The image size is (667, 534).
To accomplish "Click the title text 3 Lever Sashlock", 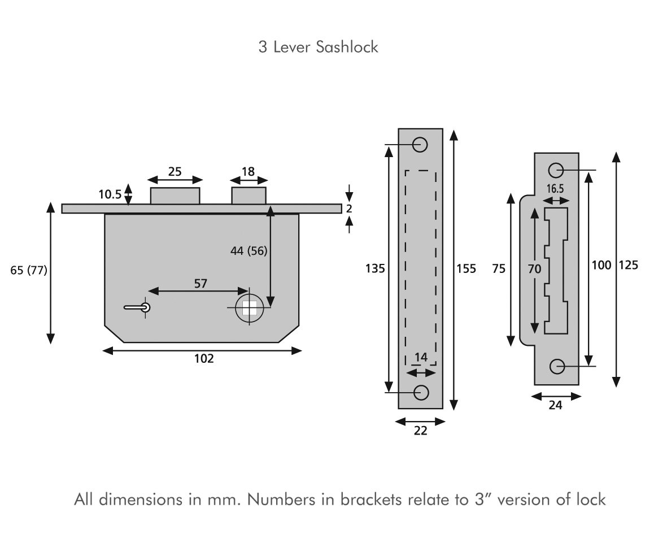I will click(318, 47).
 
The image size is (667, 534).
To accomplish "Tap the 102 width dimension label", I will click(204, 358).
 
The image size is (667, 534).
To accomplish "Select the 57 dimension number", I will click(200, 284).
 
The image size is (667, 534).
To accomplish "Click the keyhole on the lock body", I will click(145, 307).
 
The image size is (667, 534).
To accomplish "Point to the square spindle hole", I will click(249, 307).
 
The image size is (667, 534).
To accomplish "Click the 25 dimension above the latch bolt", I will click(175, 171).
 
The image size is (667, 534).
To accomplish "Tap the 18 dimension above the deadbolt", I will click(248, 172).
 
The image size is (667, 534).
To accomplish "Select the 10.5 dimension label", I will click(110, 195).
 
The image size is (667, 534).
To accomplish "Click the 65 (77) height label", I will click(29, 270).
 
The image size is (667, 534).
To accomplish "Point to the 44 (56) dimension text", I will click(249, 251).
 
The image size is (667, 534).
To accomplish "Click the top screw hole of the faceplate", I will click(420, 145).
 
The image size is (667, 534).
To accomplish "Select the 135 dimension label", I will click(375, 268).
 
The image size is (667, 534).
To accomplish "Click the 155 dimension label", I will click(466, 268).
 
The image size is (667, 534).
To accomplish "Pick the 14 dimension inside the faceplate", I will click(421, 357).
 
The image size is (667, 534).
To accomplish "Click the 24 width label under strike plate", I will click(556, 405).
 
